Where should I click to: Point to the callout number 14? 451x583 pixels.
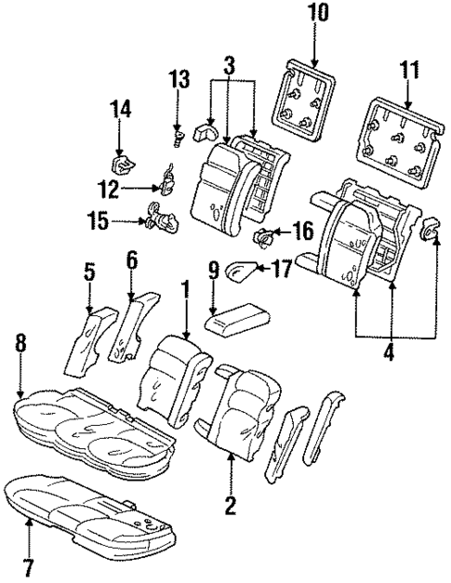[118, 109]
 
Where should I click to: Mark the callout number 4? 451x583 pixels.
[391, 352]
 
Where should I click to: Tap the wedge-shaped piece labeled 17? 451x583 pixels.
[244, 271]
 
